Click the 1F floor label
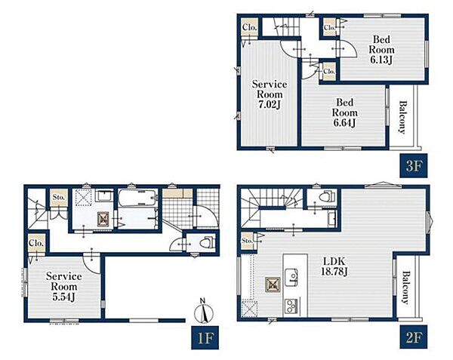205,337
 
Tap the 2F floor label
414,337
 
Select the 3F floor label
414,166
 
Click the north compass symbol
203,312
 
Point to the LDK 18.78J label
334,266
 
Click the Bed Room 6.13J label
381,49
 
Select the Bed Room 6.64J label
344,112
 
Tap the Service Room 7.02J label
270,94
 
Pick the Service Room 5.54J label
64,287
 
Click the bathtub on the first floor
138,198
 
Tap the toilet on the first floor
208,242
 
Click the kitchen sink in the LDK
291,278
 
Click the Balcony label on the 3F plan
402,117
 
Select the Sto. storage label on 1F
59,198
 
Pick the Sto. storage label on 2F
247,240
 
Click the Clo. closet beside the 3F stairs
250,27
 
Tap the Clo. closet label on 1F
36,243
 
